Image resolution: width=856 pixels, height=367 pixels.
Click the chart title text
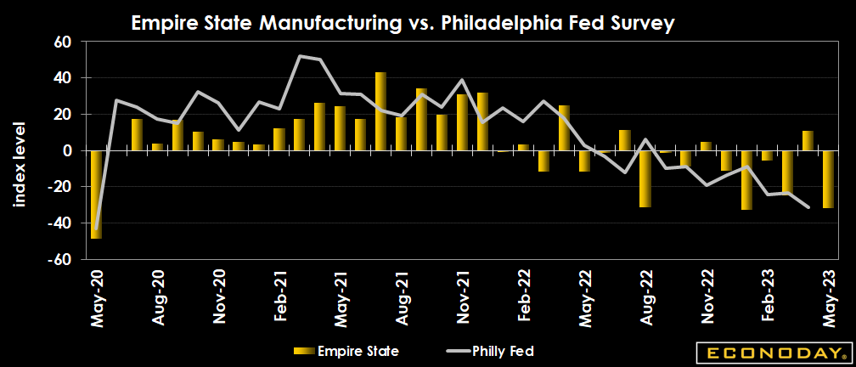pos(403,24)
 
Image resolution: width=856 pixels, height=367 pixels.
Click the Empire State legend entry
pos(348,350)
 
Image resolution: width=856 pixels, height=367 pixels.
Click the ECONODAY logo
pos(772,351)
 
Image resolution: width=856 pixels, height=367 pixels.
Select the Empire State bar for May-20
pos(96,195)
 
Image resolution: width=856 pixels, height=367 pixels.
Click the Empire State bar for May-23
pos(829,179)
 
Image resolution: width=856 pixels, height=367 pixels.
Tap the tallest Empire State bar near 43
pos(381,111)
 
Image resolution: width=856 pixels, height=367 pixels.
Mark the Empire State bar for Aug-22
pos(645,178)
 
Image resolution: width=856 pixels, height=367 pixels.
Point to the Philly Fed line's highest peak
pos(301,56)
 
